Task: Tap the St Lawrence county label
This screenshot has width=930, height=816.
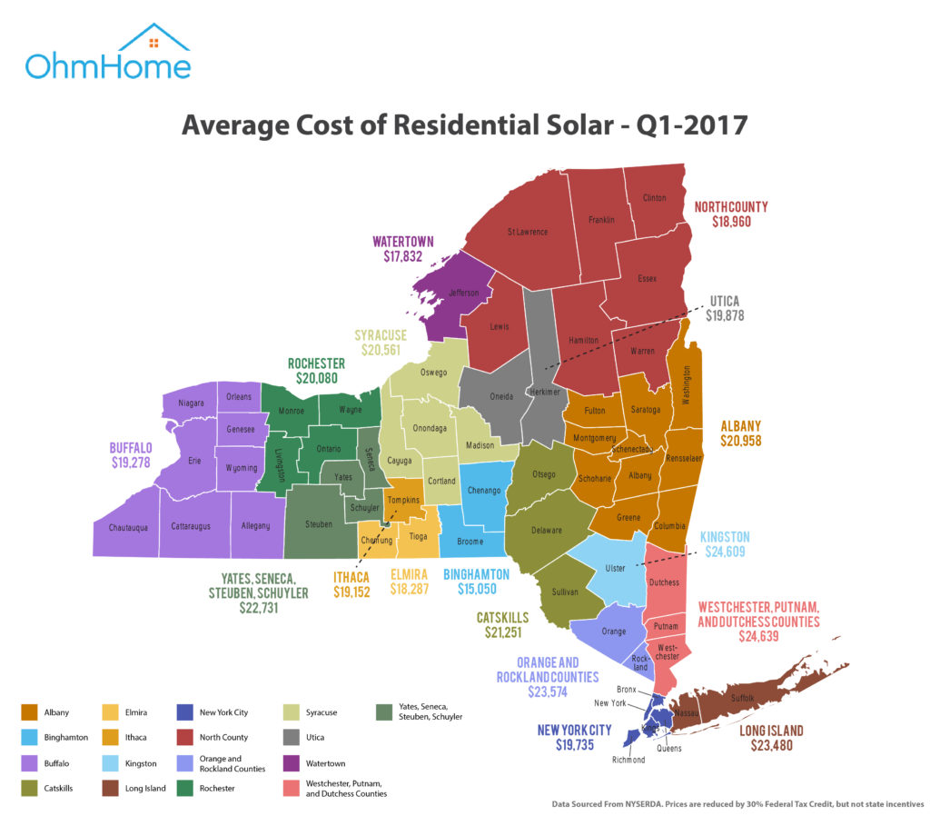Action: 527,232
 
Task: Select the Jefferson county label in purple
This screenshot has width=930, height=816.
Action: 464,294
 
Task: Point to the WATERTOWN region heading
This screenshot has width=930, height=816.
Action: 403,242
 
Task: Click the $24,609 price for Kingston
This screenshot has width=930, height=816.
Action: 725,551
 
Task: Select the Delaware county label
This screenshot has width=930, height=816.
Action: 547,530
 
